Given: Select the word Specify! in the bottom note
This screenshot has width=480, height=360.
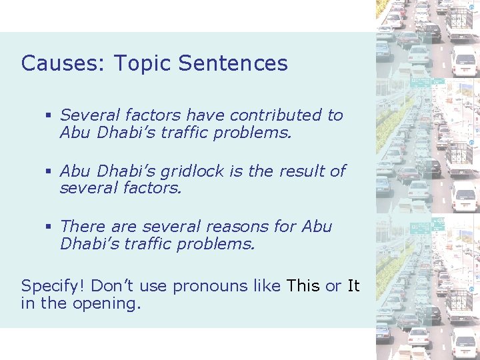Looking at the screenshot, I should [x=53, y=287].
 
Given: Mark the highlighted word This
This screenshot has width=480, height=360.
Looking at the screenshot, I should [x=303, y=287].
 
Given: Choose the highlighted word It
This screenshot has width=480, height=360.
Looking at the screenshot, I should [x=353, y=287].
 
